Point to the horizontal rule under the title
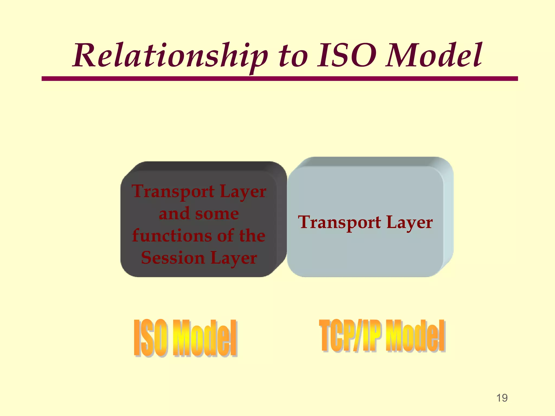pyautogui.click(x=279, y=79)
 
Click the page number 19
pyautogui.click(x=502, y=398)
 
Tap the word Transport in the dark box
pyautogui.click(x=173, y=192)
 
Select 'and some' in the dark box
pyautogui.click(x=199, y=214)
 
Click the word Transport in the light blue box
pyautogui.click(x=339, y=222)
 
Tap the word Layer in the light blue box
pyautogui.click(x=409, y=223)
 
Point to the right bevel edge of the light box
pyautogui.click(x=448, y=217)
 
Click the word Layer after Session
pyautogui.click(x=233, y=258)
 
